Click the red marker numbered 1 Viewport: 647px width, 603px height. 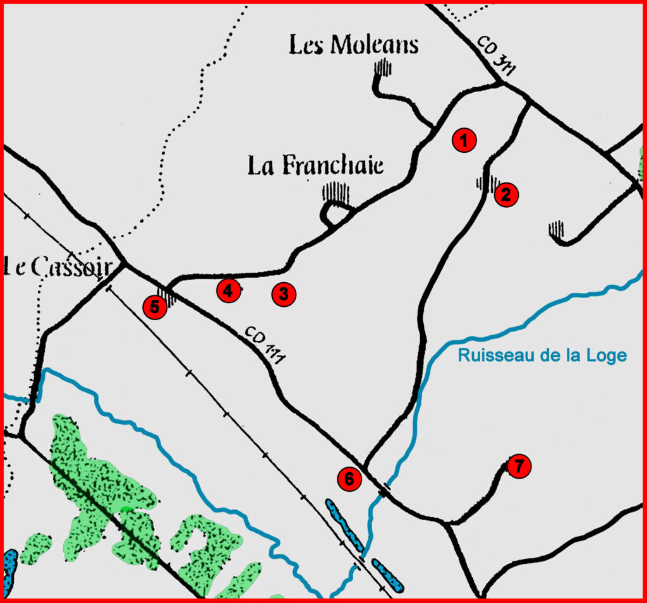(464, 141)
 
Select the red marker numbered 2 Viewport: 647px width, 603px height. (506, 194)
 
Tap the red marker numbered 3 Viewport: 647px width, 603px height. (284, 294)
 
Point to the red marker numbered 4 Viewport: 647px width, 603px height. (229, 290)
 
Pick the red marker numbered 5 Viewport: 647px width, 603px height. (155, 307)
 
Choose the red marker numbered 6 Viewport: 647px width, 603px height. (349, 479)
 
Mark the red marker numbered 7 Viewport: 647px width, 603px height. (518, 467)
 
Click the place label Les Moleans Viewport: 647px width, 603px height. (354, 45)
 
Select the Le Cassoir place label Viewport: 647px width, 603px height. (57, 267)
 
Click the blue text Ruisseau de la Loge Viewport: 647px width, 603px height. (542, 355)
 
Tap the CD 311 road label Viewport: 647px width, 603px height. (493, 56)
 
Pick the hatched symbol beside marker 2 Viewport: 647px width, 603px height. (486, 184)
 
